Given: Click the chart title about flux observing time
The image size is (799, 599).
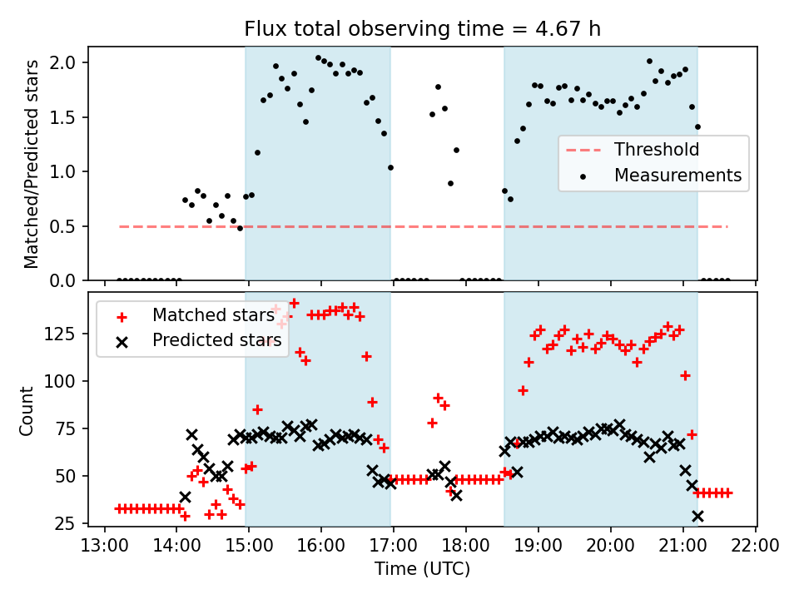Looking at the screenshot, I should click(422, 29).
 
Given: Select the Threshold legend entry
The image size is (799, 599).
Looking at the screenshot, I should click(656, 151).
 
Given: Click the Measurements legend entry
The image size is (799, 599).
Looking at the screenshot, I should click(677, 176).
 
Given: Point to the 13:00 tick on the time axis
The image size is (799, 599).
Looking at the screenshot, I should click(104, 547).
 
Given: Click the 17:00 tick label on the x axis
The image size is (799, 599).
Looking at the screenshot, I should click(394, 547).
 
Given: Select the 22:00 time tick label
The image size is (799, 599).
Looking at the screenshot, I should click(756, 547).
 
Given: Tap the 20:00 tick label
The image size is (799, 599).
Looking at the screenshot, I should click(611, 547).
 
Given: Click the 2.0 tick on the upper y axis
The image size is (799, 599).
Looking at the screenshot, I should click(68, 62).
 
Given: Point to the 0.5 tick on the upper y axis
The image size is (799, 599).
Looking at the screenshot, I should click(68, 226).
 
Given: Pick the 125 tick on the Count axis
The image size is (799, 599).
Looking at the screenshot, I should click(65, 334).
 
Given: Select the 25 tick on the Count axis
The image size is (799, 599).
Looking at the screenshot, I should click(69, 523).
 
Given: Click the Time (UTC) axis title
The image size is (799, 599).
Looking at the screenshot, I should click(422, 570).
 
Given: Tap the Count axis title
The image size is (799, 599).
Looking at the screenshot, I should click(27, 410).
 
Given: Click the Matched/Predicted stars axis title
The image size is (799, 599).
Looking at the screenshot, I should click(32, 164).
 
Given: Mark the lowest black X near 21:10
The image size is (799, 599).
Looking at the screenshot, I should click(697, 516).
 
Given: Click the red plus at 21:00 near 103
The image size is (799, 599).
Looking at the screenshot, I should click(685, 375).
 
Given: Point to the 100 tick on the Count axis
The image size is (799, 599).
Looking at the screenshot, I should click(65, 381).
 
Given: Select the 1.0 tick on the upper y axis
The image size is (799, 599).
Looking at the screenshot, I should click(68, 172).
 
